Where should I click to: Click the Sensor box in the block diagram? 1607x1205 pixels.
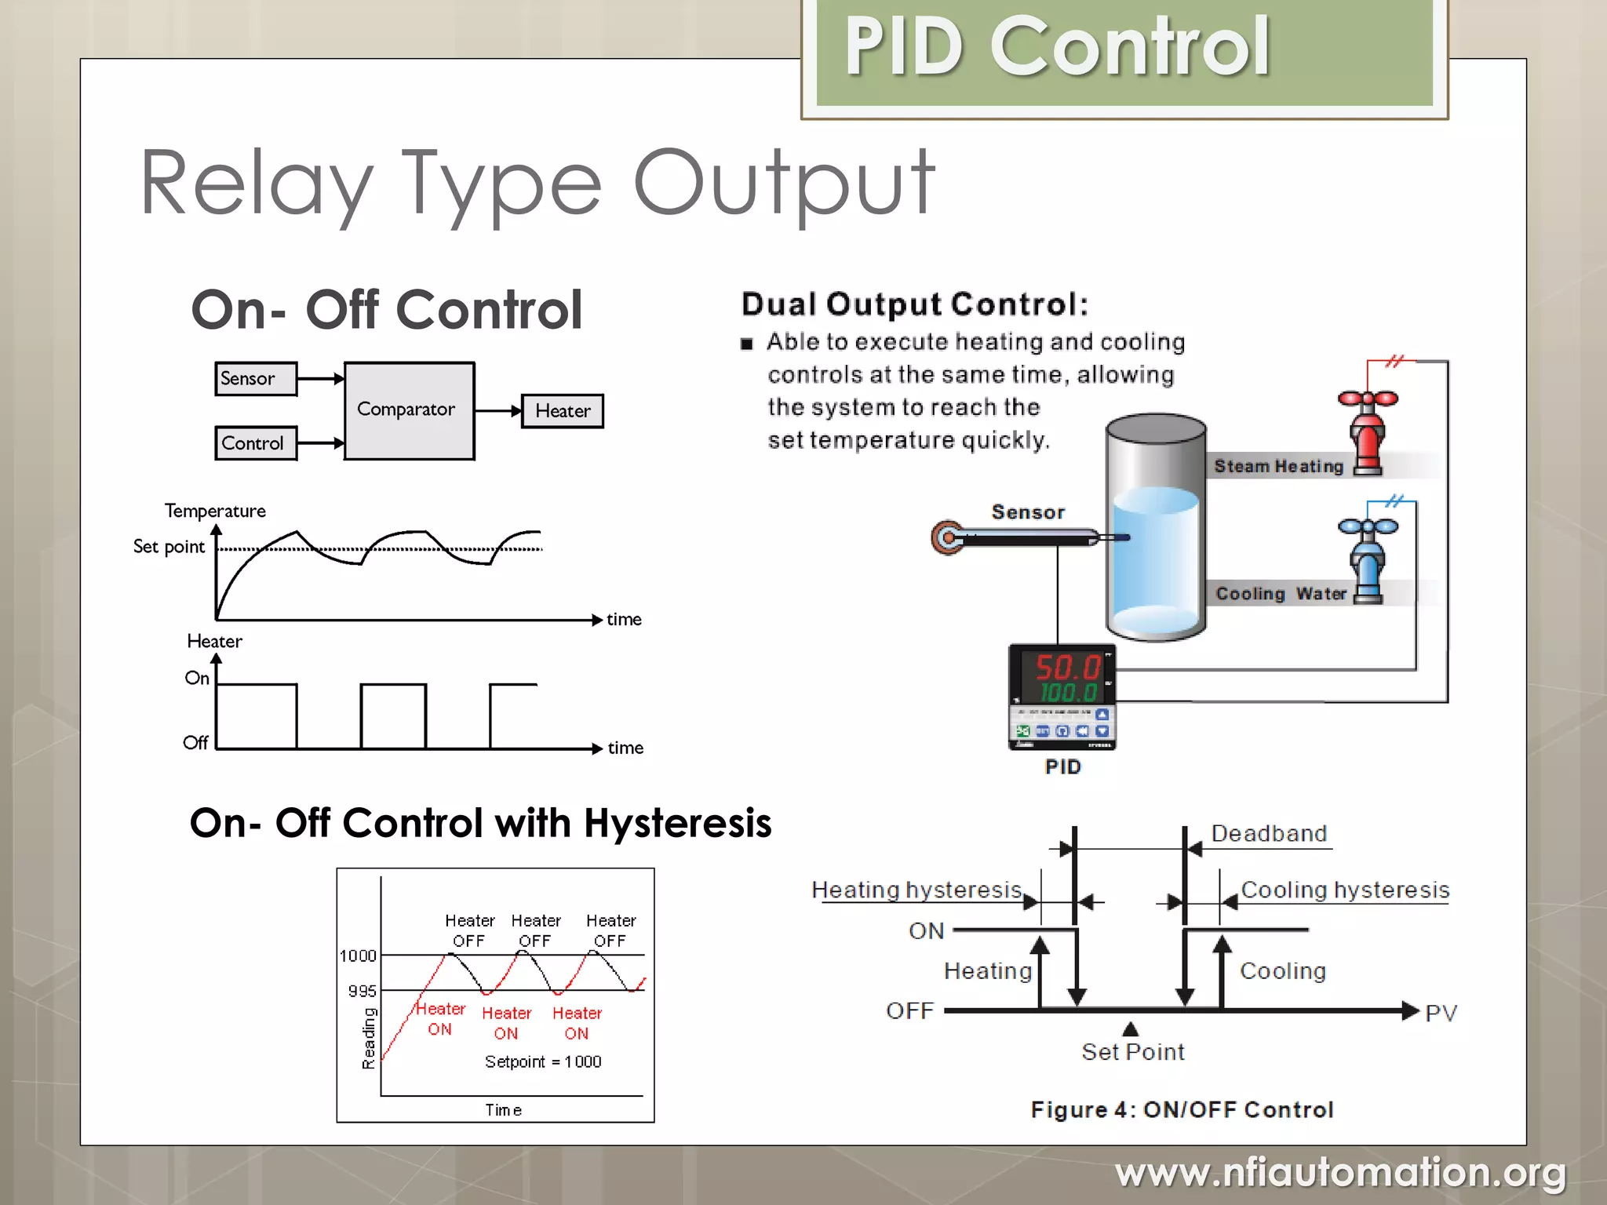pyautogui.click(x=255, y=379)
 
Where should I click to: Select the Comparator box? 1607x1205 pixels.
pyautogui.click(x=408, y=410)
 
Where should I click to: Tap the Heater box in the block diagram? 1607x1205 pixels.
pyautogui.click(x=563, y=411)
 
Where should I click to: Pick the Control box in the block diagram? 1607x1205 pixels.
pyautogui.click(x=255, y=443)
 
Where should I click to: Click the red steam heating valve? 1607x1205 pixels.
pyautogui.click(x=1367, y=431)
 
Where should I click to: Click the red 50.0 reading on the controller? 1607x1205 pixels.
pyautogui.click(x=1066, y=668)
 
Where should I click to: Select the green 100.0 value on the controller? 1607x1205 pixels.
pyautogui.click(x=1068, y=693)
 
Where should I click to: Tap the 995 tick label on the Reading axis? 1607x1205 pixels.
pyautogui.click(x=362, y=991)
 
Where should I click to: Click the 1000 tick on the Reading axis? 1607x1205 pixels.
pyautogui.click(x=358, y=956)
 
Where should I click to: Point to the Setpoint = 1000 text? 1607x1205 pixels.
pyautogui.click(x=543, y=1061)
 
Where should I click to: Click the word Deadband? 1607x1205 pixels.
pyautogui.click(x=1269, y=833)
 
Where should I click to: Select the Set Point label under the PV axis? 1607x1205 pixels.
pyautogui.click(x=1132, y=1051)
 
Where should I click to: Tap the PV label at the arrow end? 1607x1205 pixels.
pyautogui.click(x=1441, y=1013)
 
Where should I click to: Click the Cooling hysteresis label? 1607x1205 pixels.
pyautogui.click(x=1345, y=890)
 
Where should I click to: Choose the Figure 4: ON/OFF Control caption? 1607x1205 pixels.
pyautogui.click(x=1182, y=1109)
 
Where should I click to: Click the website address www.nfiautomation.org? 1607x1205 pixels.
pyautogui.click(x=1340, y=1173)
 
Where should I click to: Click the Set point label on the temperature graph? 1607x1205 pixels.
pyautogui.click(x=169, y=547)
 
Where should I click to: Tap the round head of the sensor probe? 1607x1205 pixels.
pyautogui.click(x=948, y=538)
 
